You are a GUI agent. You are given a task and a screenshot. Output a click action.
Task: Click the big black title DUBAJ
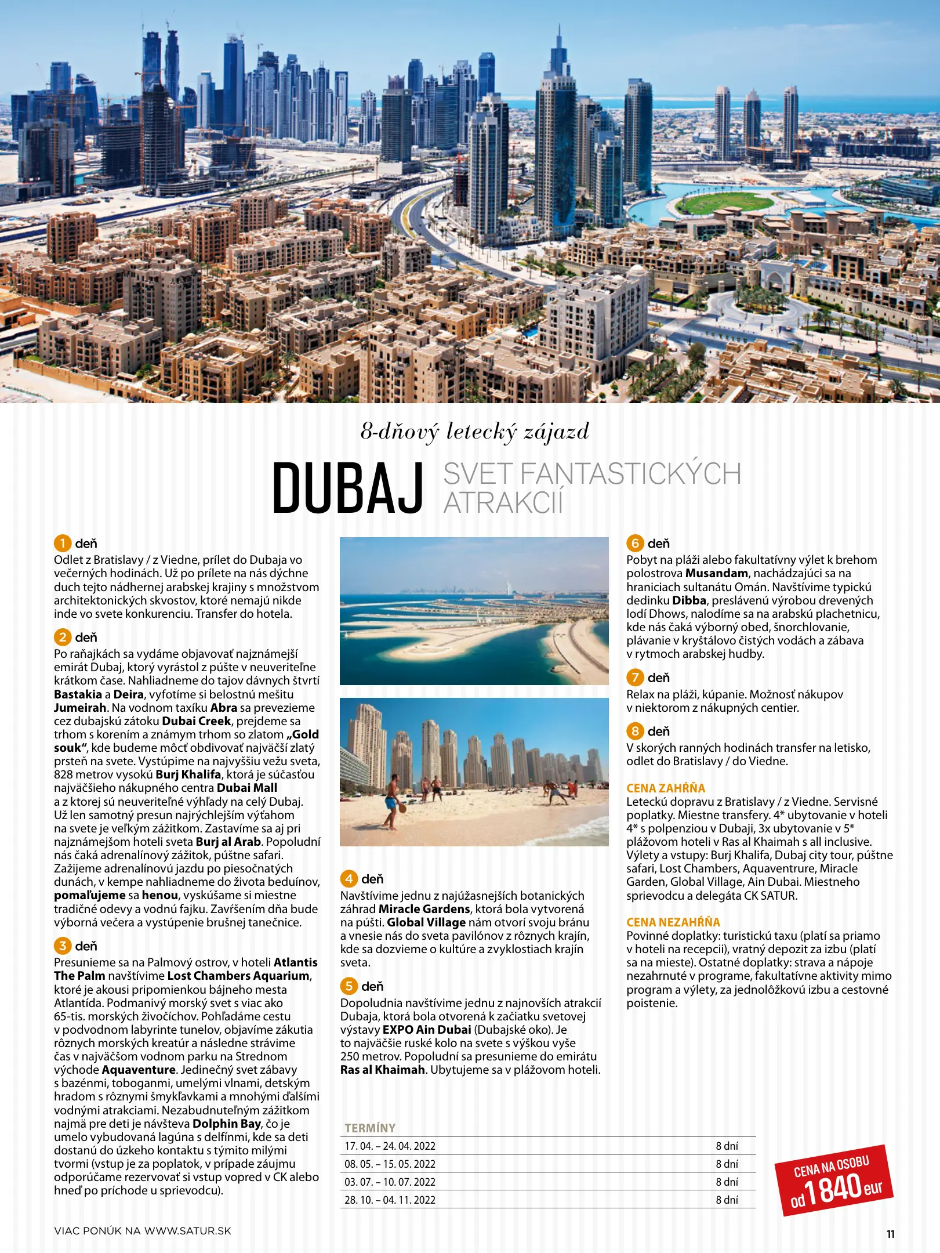(348, 488)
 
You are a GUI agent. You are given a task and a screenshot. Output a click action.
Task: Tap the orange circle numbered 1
(62, 544)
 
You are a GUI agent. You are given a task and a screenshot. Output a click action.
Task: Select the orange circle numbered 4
(349, 879)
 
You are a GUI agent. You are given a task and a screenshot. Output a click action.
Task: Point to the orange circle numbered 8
(635, 731)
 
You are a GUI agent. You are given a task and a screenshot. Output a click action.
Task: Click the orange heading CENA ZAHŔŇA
(666, 788)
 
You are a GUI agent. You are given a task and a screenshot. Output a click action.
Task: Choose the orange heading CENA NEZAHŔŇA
(673, 922)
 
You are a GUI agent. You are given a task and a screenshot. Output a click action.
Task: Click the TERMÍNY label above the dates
(370, 1128)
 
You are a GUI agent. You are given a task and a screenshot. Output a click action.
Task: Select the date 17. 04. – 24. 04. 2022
(390, 1146)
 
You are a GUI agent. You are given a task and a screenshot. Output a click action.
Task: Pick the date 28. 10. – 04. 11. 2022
(390, 1200)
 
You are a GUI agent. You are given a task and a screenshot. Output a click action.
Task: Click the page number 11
(890, 1234)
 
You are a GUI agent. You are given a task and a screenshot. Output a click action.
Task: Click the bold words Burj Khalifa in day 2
(188, 774)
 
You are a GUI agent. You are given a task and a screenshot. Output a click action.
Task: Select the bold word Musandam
(716, 573)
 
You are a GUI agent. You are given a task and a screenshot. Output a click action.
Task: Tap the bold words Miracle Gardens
(424, 909)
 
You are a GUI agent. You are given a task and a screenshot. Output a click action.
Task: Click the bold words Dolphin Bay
(226, 1124)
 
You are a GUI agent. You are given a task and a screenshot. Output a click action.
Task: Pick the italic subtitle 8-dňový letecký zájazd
(474, 432)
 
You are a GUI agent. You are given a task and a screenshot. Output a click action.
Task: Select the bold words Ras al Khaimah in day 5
(383, 1070)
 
